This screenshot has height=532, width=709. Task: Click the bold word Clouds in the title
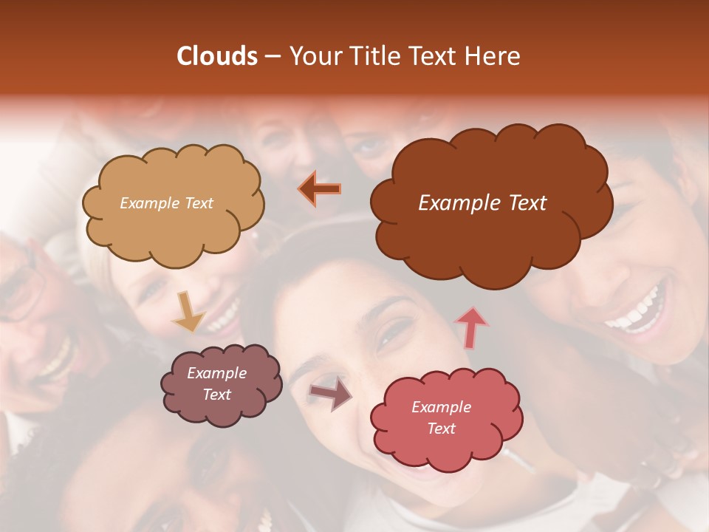coord(217,56)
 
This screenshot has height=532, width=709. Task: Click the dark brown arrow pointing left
coord(320,189)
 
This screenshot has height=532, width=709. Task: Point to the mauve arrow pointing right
coord(331,393)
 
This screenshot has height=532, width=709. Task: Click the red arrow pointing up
coord(471,327)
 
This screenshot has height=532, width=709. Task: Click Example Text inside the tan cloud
coord(166,202)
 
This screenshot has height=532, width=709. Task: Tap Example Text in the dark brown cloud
coord(482,203)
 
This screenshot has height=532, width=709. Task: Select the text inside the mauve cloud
coord(216,383)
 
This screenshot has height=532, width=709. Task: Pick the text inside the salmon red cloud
coord(441,417)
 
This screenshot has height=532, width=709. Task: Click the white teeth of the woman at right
coord(635,310)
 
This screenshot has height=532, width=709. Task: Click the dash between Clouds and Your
coord(272,57)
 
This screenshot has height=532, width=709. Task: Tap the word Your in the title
coord(314,56)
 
